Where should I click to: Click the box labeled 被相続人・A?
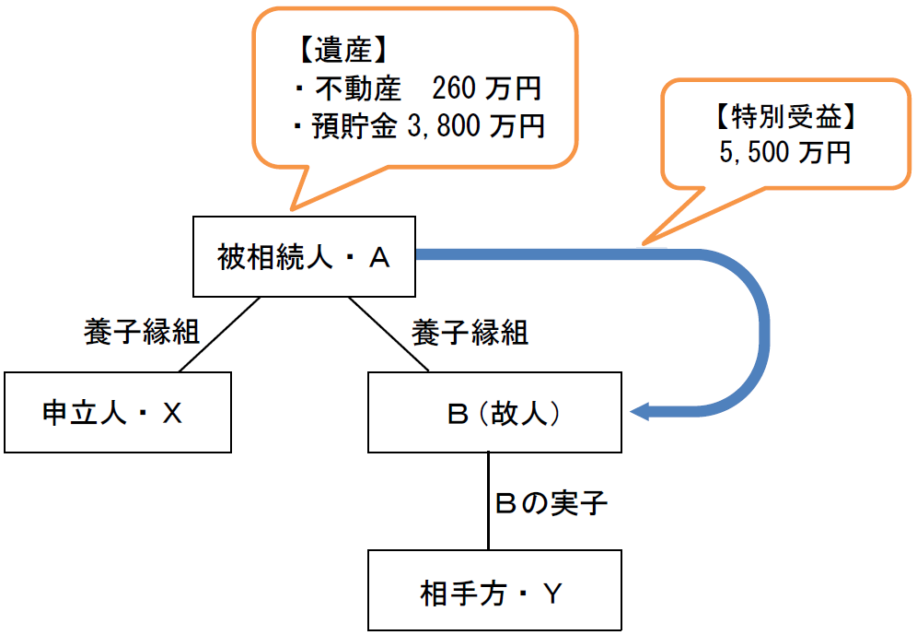pyautogui.click(x=304, y=258)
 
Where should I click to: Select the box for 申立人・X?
pyautogui.click(x=117, y=412)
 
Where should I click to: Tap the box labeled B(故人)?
pyautogui.click(x=495, y=412)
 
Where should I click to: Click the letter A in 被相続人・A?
pyautogui.click(x=379, y=259)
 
